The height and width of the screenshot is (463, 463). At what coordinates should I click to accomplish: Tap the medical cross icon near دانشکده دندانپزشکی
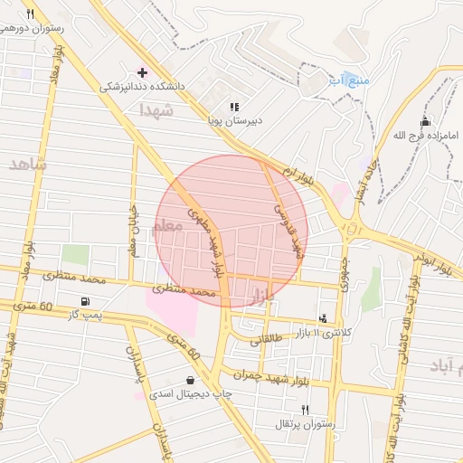[142, 71]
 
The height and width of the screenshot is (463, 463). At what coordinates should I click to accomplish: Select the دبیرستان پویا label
[234, 120]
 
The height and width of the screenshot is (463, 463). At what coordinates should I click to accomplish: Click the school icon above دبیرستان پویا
[234, 106]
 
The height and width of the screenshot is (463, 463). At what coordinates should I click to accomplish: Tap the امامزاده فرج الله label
[426, 137]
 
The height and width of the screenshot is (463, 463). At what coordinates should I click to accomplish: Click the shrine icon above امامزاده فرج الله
[425, 122]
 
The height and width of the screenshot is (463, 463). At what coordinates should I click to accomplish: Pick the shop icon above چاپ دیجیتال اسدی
[189, 380]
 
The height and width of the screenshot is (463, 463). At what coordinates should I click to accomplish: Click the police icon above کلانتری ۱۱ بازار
[323, 317]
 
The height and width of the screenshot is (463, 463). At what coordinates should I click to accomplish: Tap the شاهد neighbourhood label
[26, 163]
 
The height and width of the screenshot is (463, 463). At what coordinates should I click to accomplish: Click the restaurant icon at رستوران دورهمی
[30, 14]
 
